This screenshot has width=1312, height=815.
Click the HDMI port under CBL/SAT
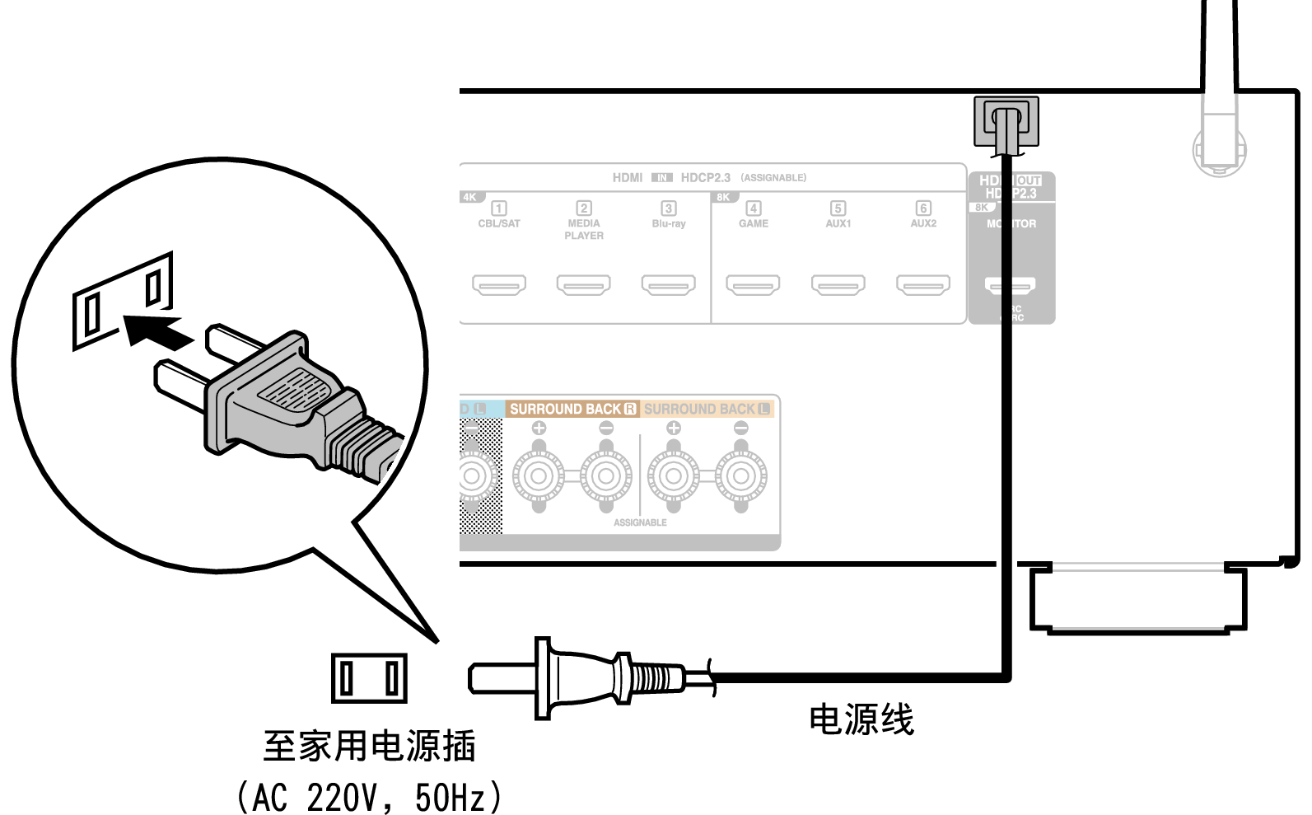tap(499, 285)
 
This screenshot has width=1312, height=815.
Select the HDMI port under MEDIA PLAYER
tap(583, 285)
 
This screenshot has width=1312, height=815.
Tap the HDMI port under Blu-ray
tap(668, 285)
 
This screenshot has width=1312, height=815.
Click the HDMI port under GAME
tap(753, 285)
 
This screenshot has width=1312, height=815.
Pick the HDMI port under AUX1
tap(838, 285)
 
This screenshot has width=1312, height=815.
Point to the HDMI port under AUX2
tap(922, 285)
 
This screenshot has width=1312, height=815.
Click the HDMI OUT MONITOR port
tap(1010, 286)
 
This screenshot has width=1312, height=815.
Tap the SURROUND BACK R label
tap(572, 409)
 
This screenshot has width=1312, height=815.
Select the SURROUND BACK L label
tap(707, 409)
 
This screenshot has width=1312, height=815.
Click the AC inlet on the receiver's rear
tap(1006, 121)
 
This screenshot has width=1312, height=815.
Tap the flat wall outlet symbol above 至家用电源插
tap(369, 678)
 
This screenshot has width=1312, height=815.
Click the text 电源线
tap(861, 719)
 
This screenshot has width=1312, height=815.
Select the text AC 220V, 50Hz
tap(369, 797)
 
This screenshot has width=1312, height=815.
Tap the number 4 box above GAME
tap(753, 208)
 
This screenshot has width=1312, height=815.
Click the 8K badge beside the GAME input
tap(723, 198)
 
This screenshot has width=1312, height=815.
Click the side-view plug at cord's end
tap(577, 678)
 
